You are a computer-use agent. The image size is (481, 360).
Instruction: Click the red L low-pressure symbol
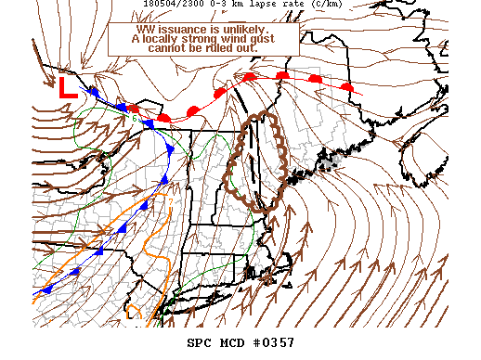(67, 87)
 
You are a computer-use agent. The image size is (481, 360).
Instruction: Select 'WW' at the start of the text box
(149, 29)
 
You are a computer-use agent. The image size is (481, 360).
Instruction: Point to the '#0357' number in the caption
(274, 343)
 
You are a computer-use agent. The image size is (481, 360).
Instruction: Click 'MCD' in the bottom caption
(232, 343)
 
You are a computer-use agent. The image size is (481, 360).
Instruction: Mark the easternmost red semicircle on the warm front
(347, 86)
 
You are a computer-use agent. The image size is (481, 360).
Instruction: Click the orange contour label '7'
(170, 199)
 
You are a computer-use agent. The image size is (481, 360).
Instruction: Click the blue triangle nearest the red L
(93, 92)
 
